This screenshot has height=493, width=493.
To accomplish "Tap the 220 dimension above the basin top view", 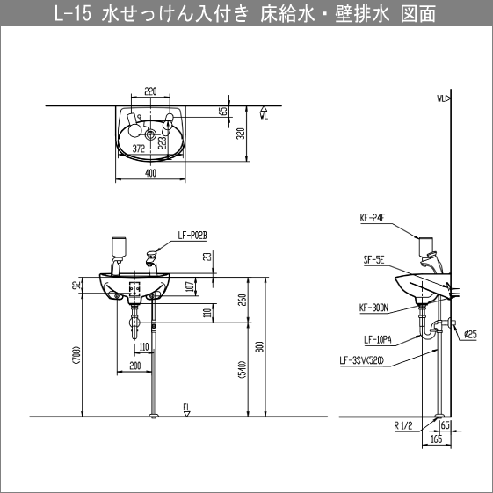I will pos(150,90).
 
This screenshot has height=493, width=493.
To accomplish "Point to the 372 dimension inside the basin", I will pos(138,149).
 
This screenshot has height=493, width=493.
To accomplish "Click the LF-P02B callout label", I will pos(191,235).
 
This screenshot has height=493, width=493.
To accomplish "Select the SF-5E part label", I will pos(372,260).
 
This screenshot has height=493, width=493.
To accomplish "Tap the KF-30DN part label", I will pos(373,308).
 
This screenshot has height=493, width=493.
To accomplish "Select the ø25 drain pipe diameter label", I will pos(470,335).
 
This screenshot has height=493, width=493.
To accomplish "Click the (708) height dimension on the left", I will pos(77,355).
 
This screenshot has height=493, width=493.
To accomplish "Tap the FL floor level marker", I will pos(186,407).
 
